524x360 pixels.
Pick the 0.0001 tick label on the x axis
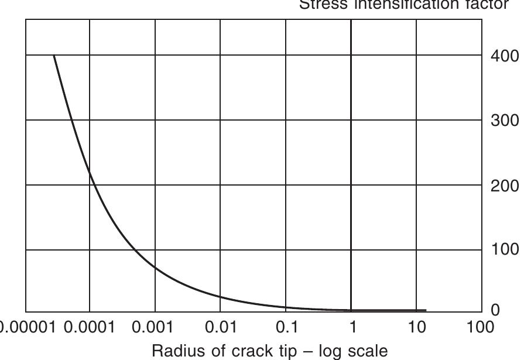point(90,327)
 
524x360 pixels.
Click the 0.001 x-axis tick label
point(155,327)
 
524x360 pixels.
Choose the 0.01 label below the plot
point(221,327)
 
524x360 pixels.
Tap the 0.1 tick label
point(286,327)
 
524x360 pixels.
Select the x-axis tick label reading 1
point(352,327)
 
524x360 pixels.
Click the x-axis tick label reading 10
point(417,327)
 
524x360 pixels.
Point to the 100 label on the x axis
point(480,327)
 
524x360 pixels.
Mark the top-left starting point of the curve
point(54,56)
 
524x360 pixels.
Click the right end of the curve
point(426,310)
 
